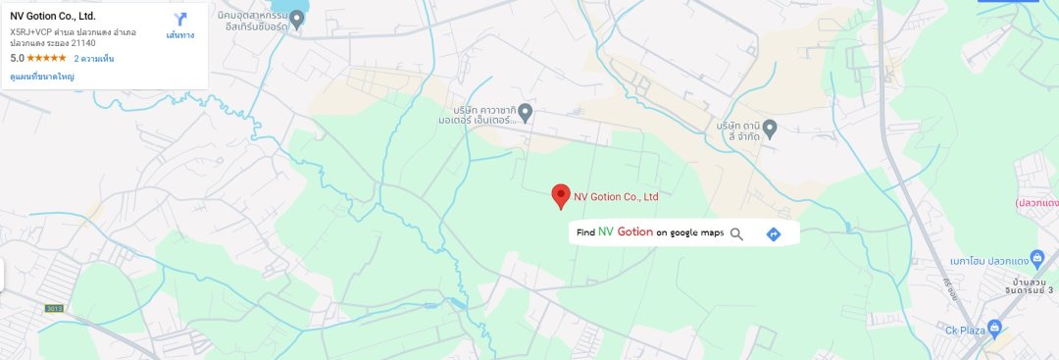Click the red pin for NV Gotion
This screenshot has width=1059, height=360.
[x=561, y=194]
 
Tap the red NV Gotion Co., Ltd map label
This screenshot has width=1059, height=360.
[x=616, y=196]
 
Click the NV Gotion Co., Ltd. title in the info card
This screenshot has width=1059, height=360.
[x=53, y=16]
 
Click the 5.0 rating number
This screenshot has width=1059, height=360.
[x=17, y=59]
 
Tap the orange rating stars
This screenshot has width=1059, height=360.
[x=46, y=59]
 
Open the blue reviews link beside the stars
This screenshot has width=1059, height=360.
[x=93, y=59]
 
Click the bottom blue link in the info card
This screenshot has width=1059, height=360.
[x=43, y=76]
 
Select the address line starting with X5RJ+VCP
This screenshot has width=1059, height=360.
[x=73, y=32]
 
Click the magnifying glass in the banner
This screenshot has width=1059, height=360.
[x=736, y=233]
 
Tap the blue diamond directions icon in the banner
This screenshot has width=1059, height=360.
[x=773, y=233]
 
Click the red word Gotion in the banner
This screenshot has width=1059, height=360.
[x=635, y=232]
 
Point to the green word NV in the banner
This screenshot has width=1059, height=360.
[x=606, y=232]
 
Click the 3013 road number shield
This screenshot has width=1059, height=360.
[x=53, y=308]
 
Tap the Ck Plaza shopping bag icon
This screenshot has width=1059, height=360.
[x=994, y=327]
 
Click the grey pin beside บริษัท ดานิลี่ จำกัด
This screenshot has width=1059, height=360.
[x=770, y=129]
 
